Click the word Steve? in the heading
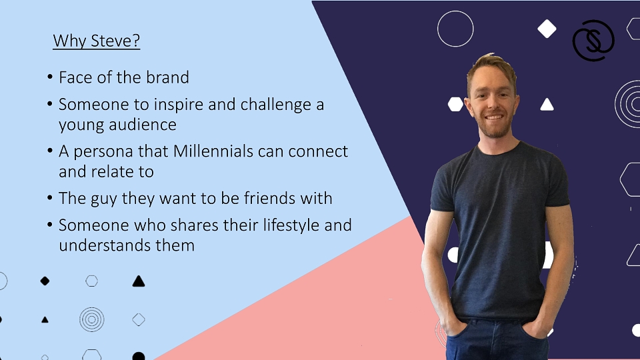click(115, 41)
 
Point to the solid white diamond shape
click(547, 29)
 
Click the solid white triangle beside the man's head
click(547, 105)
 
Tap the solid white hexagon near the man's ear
click(455, 104)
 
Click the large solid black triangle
click(139, 281)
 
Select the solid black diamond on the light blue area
click(45, 281)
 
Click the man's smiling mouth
click(494, 117)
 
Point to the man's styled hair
click(492, 66)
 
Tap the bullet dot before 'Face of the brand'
click(50, 77)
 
